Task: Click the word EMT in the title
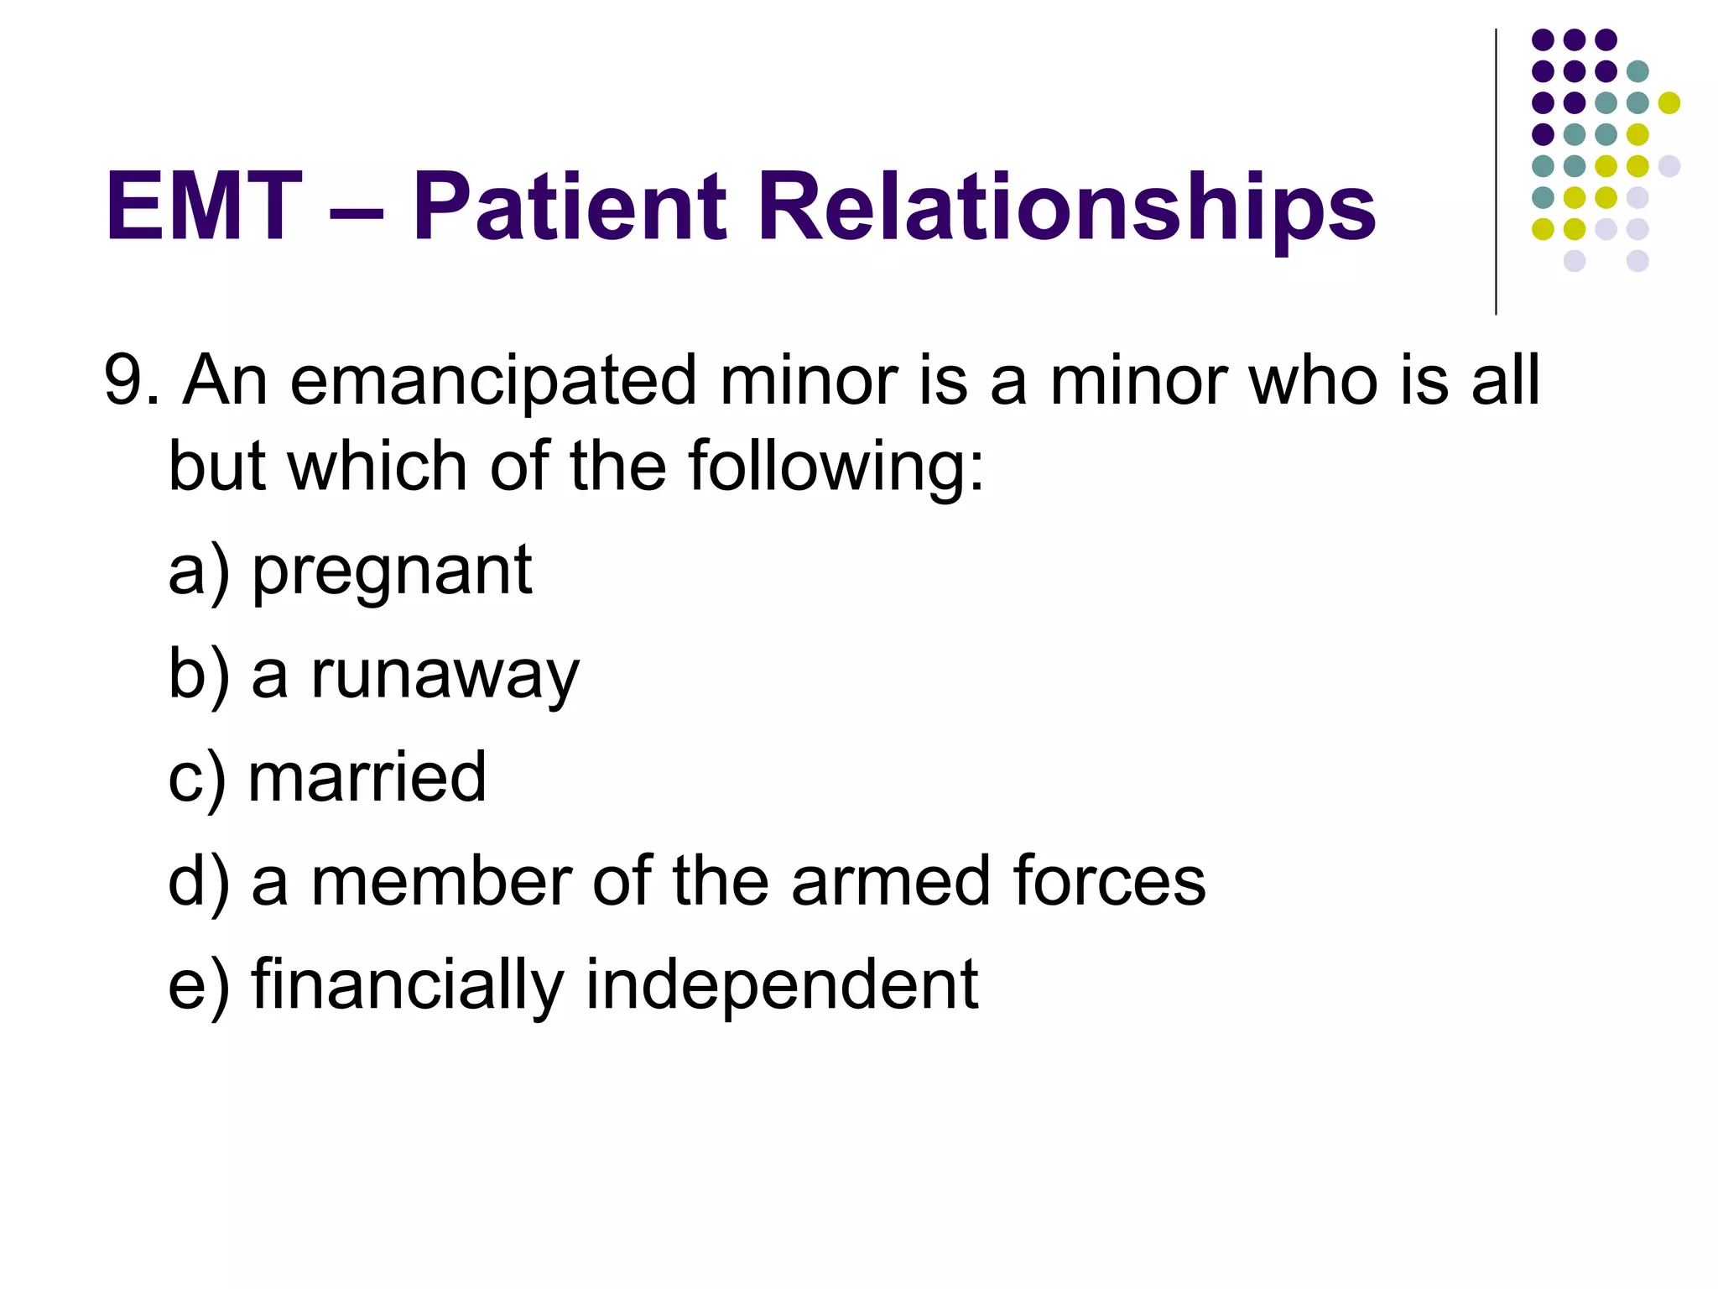[203, 206]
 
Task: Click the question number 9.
[122, 380]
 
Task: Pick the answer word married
[367, 777]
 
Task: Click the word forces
[1109, 881]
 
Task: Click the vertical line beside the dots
[1496, 172]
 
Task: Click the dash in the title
[357, 210]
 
